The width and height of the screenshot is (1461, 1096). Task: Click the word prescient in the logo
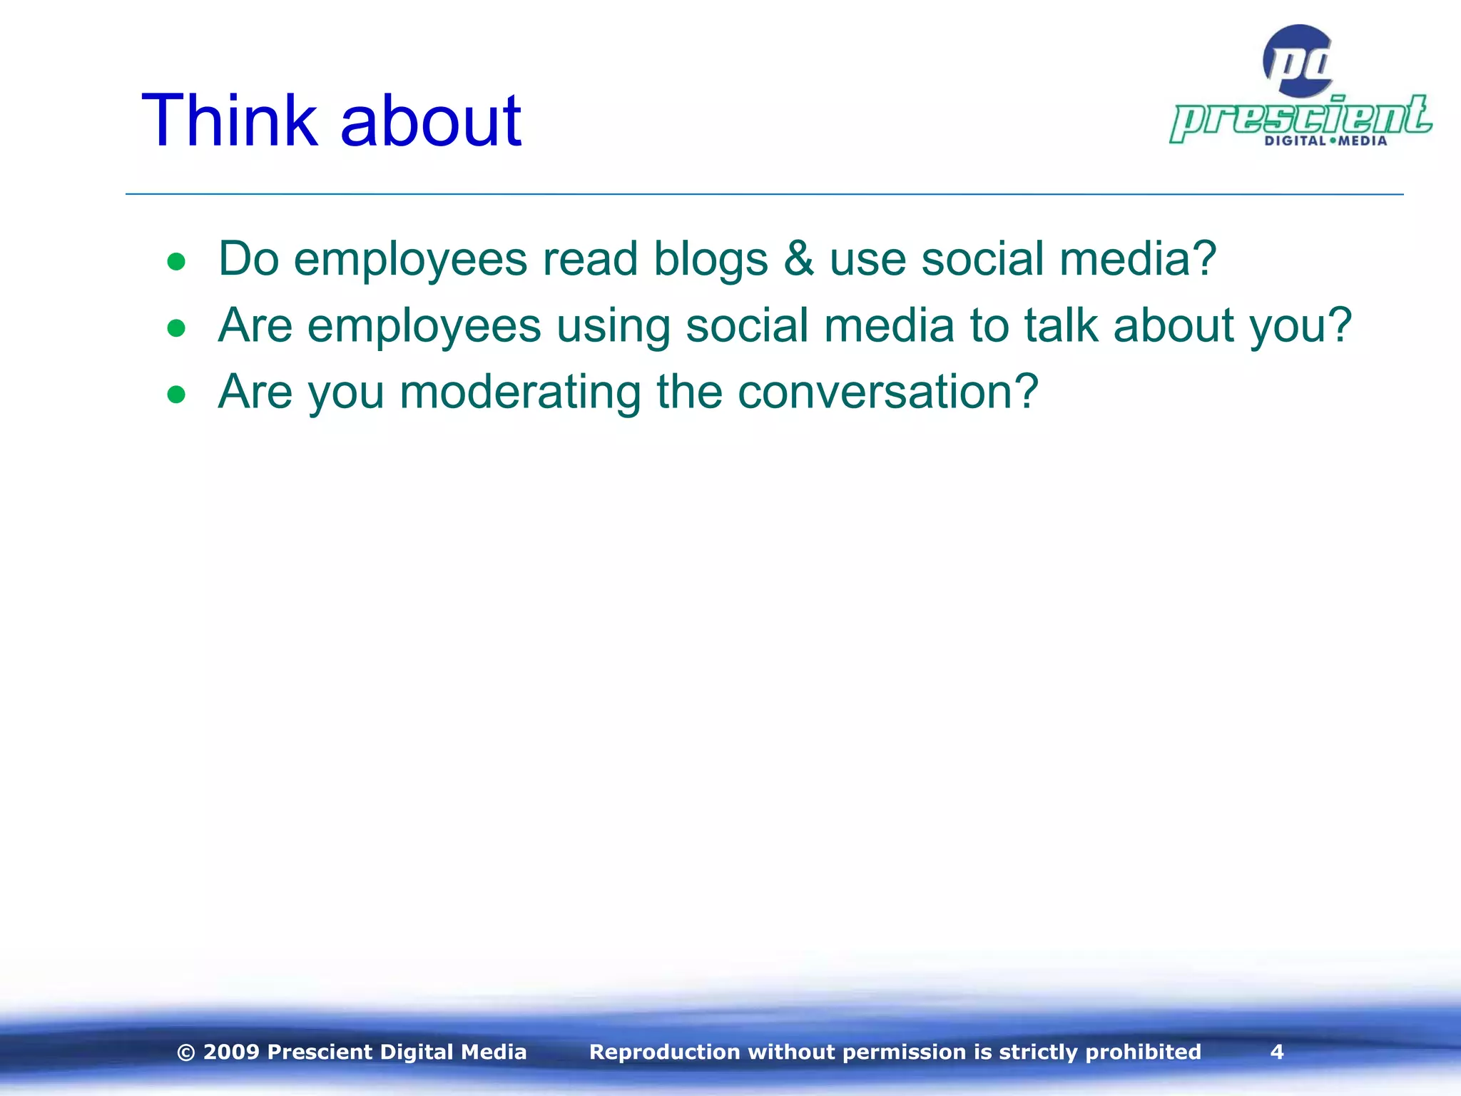pos(1300,118)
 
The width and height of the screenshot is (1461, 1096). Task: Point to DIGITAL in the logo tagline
pos(1295,141)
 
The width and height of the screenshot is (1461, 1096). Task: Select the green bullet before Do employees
pos(176,262)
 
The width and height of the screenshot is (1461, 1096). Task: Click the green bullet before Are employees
pos(176,328)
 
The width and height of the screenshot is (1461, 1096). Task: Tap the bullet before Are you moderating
pos(176,395)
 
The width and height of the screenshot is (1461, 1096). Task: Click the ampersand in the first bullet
pos(798,258)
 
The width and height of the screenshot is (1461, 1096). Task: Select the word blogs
pos(711,258)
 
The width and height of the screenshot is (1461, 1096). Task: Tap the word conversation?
pos(887,392)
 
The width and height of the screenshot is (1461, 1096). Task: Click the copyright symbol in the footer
pos(185,1052)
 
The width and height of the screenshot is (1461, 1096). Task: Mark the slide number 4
pos(1277,1052)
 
